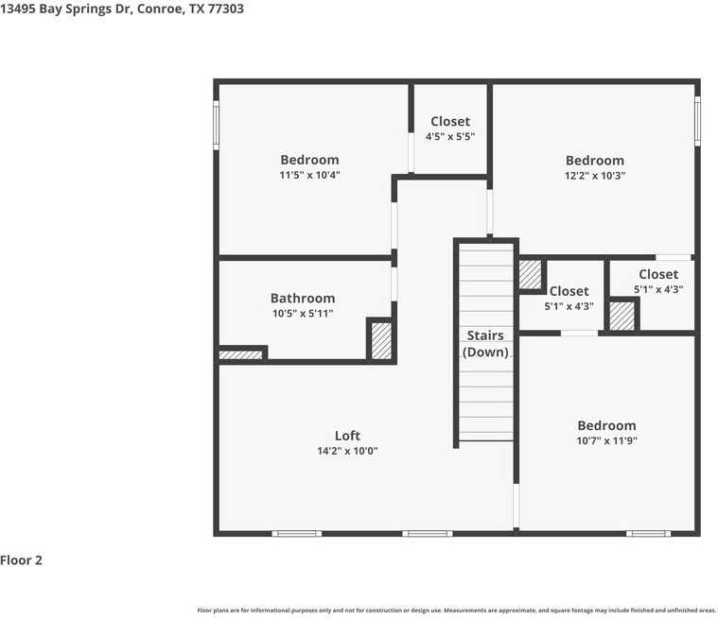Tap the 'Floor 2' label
coord(22,560)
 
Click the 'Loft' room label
coord(347,436)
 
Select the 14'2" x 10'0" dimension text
coord(347,452)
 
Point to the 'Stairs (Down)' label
coord(485,344)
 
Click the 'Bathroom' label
coord(303,298)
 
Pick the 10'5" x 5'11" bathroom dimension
coord(303,314)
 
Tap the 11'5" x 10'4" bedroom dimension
coord(309,175)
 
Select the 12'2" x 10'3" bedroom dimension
coord(595,175)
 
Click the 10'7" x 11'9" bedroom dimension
coord(606,440)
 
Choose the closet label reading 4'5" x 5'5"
coord(450,136)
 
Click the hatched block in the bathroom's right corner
coord(380,340)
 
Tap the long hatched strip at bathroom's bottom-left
coord(240,355)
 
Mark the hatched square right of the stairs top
coord(529,274)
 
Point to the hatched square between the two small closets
coord(622,316)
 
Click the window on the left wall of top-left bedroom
coord(217,126)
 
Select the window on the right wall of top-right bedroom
coord(697,121)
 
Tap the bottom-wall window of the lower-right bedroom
coord(648,534)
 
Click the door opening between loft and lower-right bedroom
coord(516,507)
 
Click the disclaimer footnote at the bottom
coord(456,610)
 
